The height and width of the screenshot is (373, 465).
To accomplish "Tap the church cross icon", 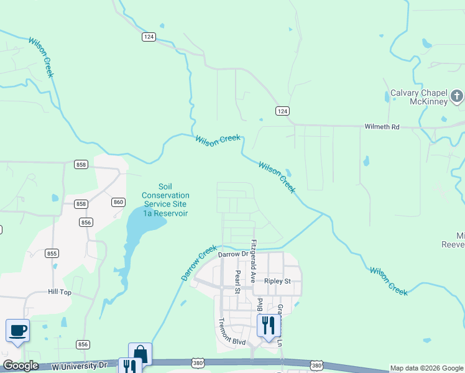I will tap(457, 96).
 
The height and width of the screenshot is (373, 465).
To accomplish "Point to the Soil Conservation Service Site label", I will tap(165, 200).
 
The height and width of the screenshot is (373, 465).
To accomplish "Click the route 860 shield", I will tap(119, 202).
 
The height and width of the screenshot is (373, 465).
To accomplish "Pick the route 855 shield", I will tap(52, 253).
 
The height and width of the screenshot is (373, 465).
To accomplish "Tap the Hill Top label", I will tap(60, 292).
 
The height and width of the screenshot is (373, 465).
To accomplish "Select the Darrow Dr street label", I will tap(233, 254).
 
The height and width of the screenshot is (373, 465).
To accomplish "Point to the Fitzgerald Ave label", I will tap(253, 260).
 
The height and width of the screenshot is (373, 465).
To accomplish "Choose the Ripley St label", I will tap(277, 281).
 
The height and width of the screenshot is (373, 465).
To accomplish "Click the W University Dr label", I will tap(81, 367).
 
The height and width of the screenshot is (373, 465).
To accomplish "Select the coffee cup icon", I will tap(17, 330).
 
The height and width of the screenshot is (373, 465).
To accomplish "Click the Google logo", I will tap(21, 366).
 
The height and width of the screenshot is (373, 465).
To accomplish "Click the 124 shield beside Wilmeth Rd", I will tap(282, 111).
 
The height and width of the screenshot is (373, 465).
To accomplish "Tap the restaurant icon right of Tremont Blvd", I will tap(269, 325).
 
